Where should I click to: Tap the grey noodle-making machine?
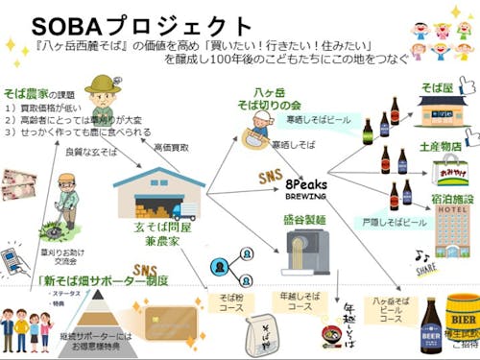point(304,259)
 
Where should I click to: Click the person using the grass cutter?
point(66,202)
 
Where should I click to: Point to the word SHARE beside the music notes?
point(423,270)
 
